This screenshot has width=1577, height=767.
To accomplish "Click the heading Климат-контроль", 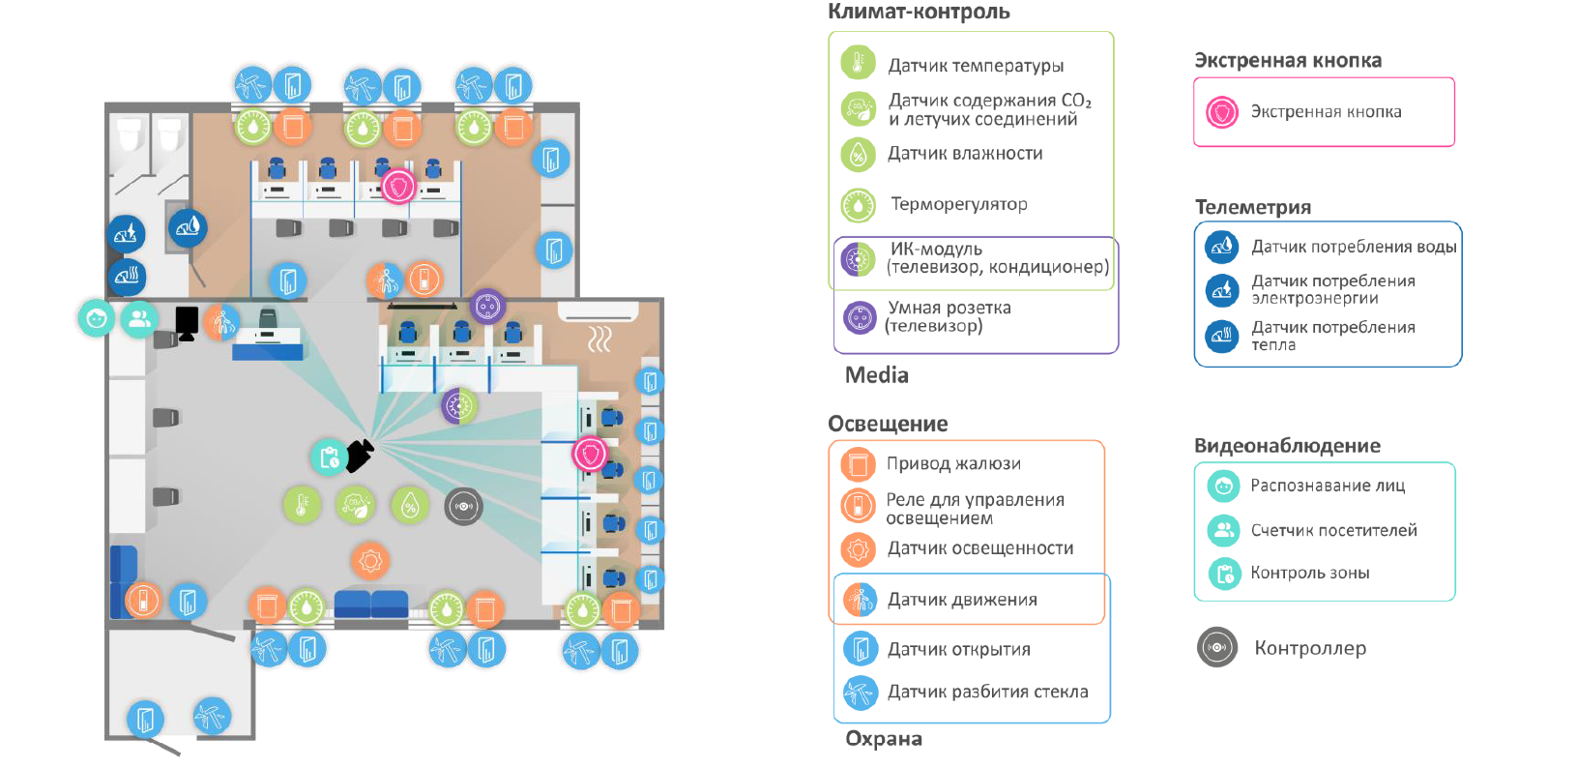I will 919,12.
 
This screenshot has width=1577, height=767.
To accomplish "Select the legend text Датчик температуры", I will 976,66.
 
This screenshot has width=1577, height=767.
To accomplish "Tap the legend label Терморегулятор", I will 958,204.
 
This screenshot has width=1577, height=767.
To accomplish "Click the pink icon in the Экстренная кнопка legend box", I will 1222,112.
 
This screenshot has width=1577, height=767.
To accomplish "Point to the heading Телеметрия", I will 1252,207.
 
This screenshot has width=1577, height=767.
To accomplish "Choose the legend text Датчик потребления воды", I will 1353,247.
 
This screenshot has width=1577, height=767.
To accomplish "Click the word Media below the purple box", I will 876,375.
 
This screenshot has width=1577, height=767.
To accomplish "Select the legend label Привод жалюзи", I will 953,463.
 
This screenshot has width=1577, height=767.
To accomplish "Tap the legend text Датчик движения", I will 962,600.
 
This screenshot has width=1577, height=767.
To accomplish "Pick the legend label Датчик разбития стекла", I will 987,692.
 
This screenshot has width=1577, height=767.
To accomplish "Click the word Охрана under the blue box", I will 883,739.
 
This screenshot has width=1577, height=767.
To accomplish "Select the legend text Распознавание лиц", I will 1327,486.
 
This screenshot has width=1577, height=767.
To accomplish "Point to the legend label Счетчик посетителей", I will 1333,530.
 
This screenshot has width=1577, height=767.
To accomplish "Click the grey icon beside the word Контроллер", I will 1217,647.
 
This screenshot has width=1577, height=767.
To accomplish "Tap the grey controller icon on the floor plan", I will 463,506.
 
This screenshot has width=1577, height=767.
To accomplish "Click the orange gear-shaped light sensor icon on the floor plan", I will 369,560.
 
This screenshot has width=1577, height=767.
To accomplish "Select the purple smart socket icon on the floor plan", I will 487,307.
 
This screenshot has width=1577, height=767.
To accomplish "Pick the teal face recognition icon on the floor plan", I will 96,318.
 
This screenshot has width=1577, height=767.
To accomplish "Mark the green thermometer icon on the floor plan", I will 301,504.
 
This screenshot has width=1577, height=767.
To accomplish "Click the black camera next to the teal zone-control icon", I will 360,455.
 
